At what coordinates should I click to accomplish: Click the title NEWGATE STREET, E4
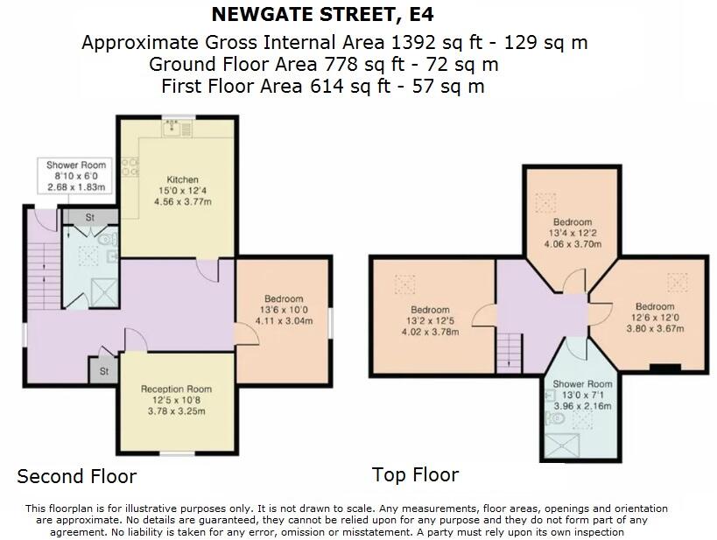pyautogui.click(x=322, y=15)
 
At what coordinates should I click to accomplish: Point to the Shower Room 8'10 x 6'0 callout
pyautogui.click(x=76, y=176)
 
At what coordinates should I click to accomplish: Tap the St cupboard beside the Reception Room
pyautogui.click(x=103, y=371)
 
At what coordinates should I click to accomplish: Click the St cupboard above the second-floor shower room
pyautogui.click(x=90, y=217)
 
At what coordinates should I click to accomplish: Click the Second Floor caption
pyautogui.click(x=77, y=477)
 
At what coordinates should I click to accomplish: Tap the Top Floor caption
pyautogui.click(x=415, y=475)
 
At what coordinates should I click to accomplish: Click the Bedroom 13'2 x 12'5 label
pyautogui.click(x=430, y=320)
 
